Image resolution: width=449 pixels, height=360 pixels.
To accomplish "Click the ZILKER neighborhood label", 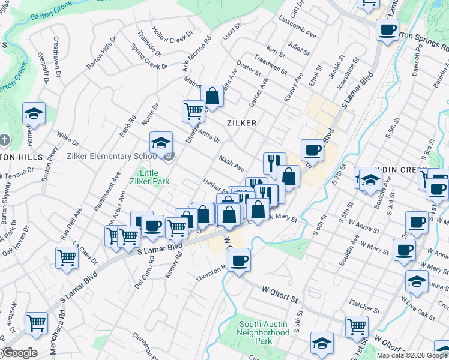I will coord(242,122).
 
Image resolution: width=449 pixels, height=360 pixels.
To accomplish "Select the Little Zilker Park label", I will coord(150,176).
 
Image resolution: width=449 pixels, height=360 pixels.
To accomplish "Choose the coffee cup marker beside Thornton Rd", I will coord(239,261).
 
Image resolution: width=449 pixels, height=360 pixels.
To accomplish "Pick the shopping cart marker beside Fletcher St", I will coord(357,326).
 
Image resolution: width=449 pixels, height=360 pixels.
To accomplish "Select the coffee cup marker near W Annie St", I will coord(416,223).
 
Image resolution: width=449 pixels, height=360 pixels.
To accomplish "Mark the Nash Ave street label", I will coord(231,163).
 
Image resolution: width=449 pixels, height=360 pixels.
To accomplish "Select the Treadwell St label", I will coord(271,62).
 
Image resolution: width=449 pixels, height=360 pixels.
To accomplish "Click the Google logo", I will coord(19,353).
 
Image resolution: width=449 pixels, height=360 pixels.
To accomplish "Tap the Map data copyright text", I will coord(412,355).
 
